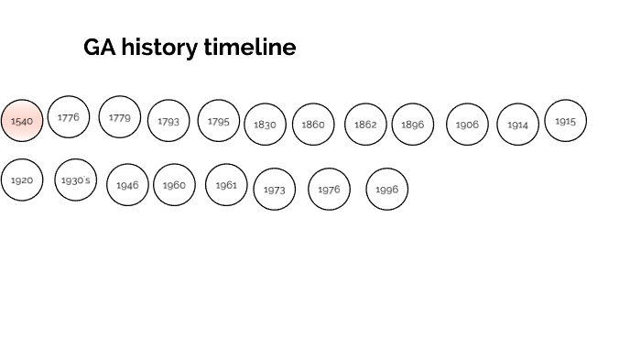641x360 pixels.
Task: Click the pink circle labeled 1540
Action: pos(22,121)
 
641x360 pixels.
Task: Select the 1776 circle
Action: pos(69,117)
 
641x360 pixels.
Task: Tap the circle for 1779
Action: pos(120,117)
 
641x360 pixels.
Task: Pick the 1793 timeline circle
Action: pos(168,121)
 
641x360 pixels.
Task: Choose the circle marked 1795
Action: pos(219,121)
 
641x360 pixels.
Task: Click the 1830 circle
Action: pos(266,125)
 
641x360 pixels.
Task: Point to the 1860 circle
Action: pos(313,125)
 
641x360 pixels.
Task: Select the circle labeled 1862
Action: pos(365,125)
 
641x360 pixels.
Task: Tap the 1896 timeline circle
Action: pos(413,125)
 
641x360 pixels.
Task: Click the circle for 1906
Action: pos(467,125)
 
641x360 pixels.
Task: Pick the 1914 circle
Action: pos(518,125)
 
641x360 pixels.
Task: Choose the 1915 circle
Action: pos(566,121)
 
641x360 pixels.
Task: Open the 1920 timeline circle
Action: pos(22,180)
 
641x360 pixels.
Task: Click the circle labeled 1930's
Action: pos(76,180)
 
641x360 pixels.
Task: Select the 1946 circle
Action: pos(127,185)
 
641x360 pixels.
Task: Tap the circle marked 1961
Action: pos(226,185)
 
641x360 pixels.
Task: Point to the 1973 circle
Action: pos(275,190)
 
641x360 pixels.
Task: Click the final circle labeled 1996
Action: pos(387,190)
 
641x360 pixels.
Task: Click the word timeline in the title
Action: pos(251,48)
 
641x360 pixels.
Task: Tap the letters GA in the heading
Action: pos(100,48)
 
